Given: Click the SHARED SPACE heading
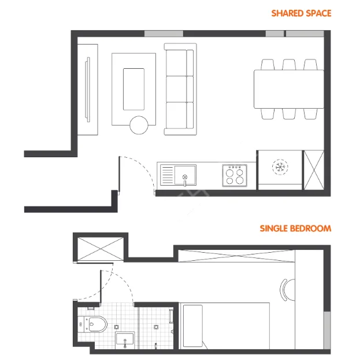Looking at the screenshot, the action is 301,13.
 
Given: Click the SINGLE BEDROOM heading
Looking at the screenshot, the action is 295,228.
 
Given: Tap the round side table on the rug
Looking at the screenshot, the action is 139,125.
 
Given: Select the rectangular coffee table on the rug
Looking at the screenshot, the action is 133,89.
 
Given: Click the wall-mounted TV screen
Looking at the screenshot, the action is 87,90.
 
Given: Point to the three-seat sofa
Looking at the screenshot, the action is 180,89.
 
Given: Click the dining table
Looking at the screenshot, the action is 289,89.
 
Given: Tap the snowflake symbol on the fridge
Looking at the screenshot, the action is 280,167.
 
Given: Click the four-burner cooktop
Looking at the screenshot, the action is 235,175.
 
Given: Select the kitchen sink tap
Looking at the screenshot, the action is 185,180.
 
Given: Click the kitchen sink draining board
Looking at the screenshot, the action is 167,175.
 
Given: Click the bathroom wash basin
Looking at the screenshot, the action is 125,338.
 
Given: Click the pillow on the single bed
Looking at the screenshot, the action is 193,326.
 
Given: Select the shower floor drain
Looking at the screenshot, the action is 156,327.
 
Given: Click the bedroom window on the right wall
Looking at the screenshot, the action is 327,330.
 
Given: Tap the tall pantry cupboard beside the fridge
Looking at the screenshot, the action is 314,170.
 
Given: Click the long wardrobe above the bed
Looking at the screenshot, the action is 237,256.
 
